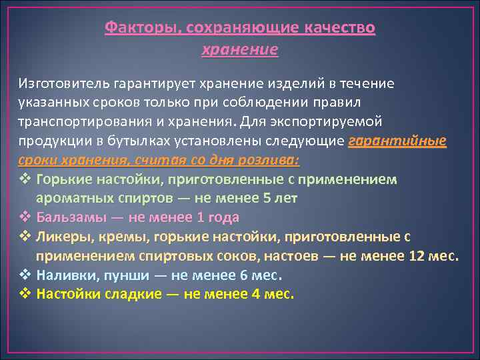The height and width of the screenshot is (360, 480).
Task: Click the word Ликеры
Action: [x=61, y=237]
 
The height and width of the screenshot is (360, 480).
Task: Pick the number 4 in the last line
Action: [x=256, y=293]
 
